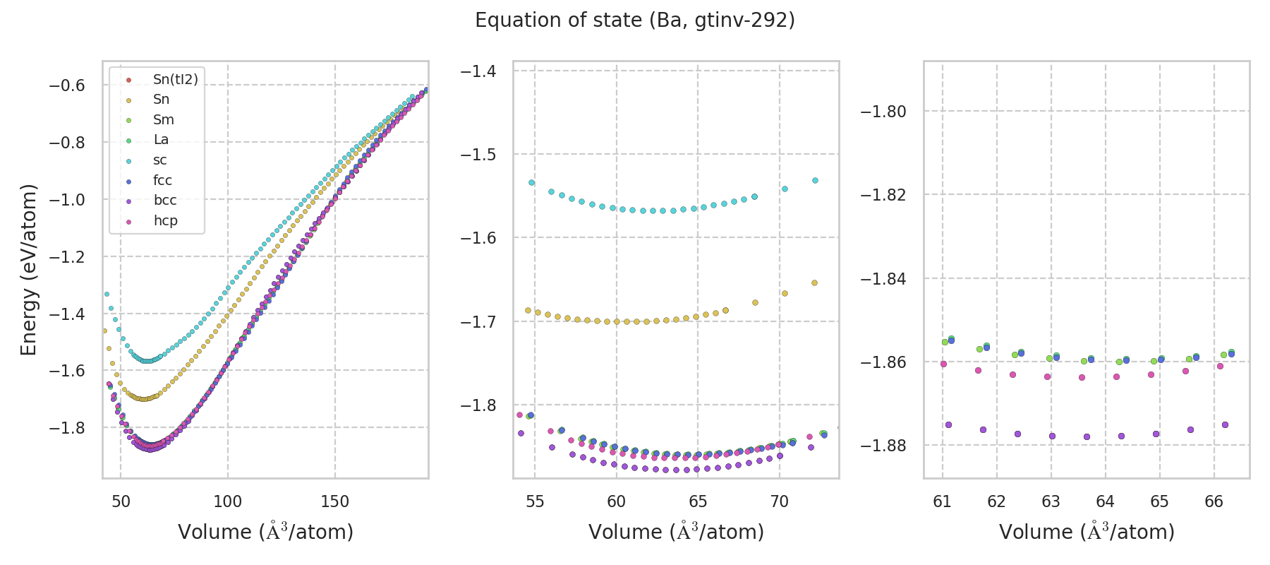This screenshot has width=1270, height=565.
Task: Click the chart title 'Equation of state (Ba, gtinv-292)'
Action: coord(635,20)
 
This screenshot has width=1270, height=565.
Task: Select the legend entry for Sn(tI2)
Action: coord(175,80)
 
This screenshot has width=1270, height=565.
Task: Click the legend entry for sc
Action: coord(160,160)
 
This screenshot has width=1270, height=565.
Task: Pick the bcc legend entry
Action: coord(165,201)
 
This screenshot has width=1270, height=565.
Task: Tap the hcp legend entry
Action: coord(165,221)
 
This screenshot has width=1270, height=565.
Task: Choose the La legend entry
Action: coord(161,140)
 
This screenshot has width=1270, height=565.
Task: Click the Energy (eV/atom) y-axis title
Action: coord(28,269)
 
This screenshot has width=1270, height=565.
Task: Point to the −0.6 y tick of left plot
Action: coord(66,85)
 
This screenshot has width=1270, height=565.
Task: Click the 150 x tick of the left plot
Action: coord(334,501)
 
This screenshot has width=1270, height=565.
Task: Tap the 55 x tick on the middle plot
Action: coord(535,501)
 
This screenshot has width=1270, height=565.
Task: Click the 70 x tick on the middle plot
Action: coord(779,501)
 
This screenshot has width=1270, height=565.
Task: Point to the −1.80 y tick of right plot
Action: coord(883,111)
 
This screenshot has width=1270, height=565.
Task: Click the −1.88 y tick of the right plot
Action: coord(883,445)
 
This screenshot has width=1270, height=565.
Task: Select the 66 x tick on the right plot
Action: coord(1214,501)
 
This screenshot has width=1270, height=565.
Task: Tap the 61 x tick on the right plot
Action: coord(943,501)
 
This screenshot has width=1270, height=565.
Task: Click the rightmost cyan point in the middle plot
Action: coord(815,181)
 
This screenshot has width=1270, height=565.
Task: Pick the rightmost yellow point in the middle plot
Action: coord(814,282)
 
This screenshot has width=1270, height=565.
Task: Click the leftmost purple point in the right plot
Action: coord(948,424)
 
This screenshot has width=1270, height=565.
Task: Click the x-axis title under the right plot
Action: coord(1087,532)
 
